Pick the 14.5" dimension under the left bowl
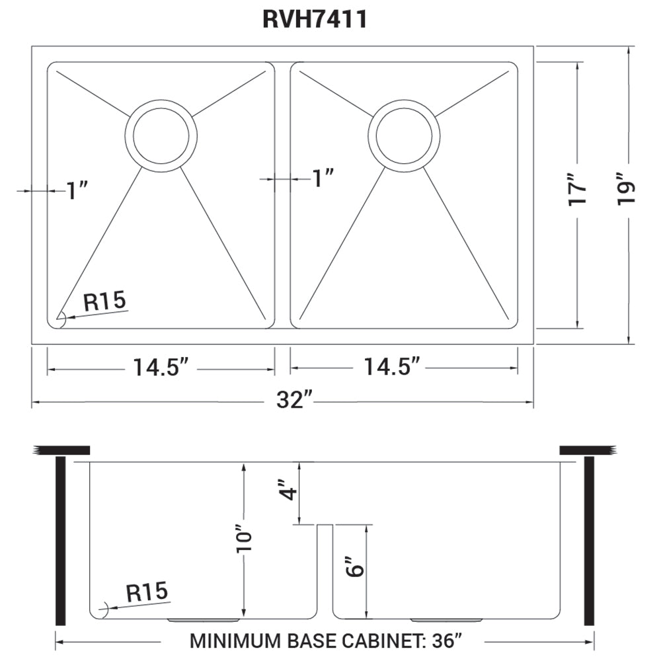click(x=161, y=367)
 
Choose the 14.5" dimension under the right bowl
click(x=392, y=367)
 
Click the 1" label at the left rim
click(x=77, y=191)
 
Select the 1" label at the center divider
click(x=322, y=178)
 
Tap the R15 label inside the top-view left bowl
click(x=104, y=302)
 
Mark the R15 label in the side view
click(x=147, y=592)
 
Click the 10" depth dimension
click(x=245, y=542)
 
